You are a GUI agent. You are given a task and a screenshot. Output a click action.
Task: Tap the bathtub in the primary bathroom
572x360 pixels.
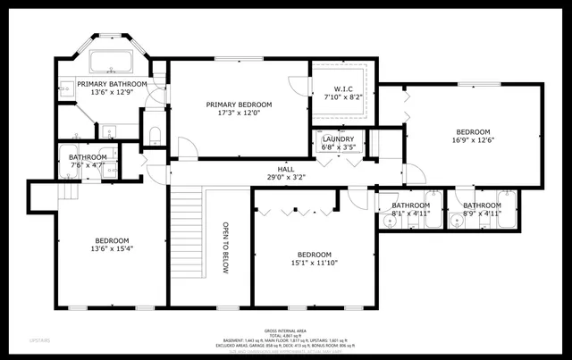[113, 63]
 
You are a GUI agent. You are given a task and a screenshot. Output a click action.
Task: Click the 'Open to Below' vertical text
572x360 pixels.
[226, 247]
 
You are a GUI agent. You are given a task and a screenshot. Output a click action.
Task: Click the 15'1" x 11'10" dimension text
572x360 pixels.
[315, 263]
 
